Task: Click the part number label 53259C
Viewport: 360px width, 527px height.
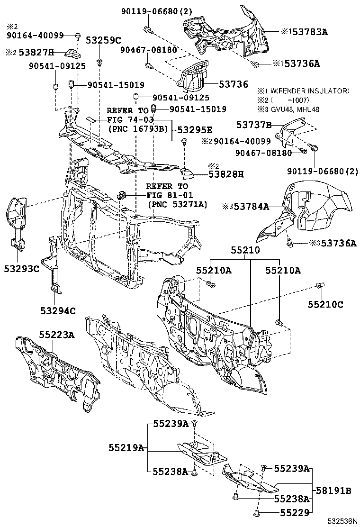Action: click(103, 41)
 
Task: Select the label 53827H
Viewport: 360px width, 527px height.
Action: click(36, 52)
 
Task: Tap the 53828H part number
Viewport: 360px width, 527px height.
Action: click(226, 174)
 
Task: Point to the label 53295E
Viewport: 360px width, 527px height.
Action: click(195, 129)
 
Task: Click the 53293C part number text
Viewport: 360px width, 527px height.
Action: click(22, 269)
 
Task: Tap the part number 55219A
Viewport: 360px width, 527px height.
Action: click(126, 447)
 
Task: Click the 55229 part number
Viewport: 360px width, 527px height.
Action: click(294, 512)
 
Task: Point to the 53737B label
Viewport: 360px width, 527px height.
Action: click(254, 125)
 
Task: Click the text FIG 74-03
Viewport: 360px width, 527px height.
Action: click(126, 119)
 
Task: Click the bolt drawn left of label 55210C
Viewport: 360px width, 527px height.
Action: click(319, 285)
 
